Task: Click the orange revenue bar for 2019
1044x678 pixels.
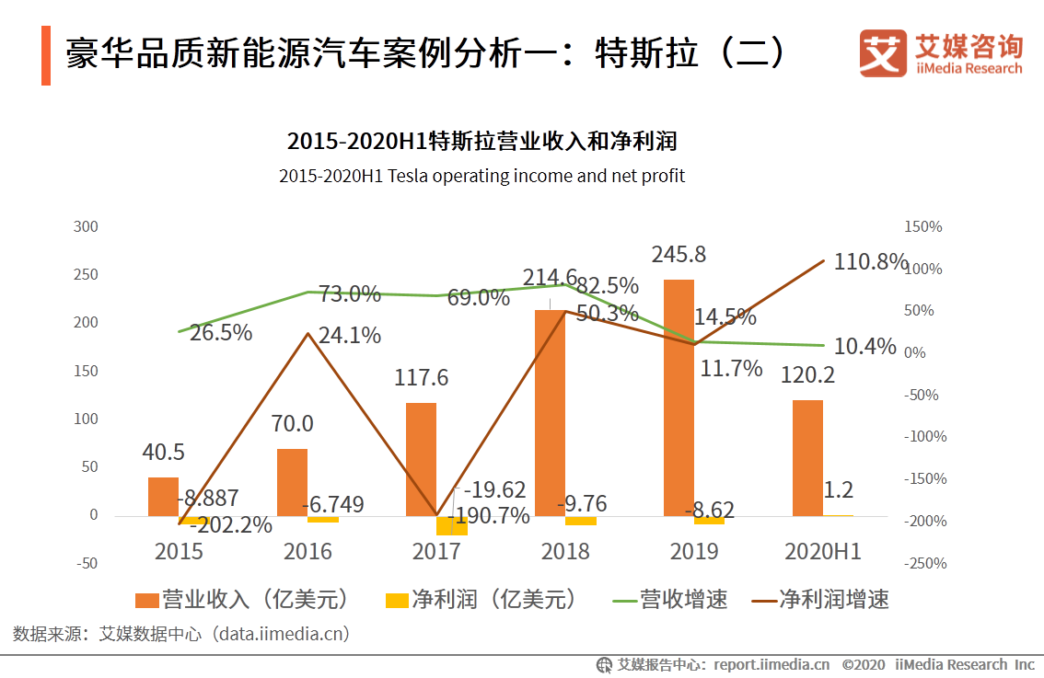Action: [x=679, y=396]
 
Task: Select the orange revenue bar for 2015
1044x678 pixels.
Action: [x=163, y=496]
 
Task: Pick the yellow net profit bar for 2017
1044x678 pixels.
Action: [x=451, y=525]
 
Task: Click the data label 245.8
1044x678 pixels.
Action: [x=679, y=255]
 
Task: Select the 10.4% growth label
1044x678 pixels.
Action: [x=864, y=347]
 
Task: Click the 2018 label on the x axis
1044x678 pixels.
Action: [x=565, y=551]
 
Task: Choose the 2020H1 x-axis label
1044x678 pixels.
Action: [x=822, y=551]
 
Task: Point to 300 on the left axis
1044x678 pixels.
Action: [x=86, y=226]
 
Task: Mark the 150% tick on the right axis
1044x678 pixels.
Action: [x=923, y=226]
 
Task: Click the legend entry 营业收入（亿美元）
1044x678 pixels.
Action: [x=243, y=600]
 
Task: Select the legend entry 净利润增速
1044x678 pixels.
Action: [x=821, y=600]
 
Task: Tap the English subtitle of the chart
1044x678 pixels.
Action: [x=481, y=176]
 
